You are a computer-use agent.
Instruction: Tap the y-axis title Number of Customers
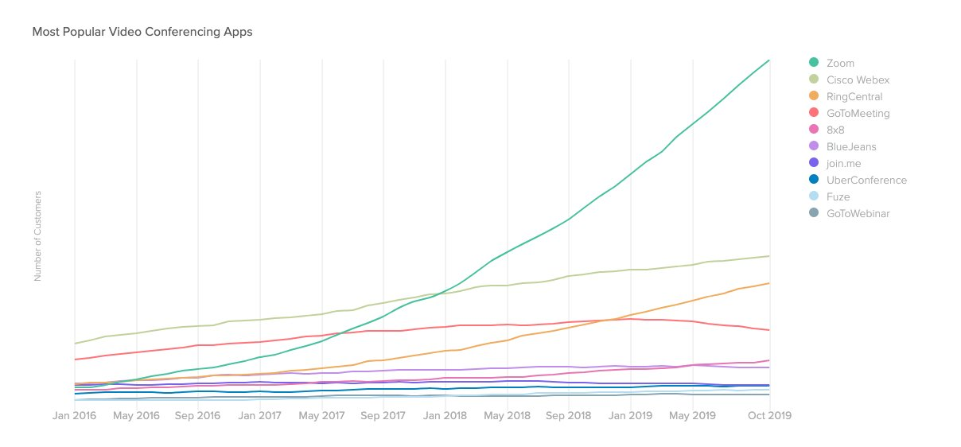(37, 235)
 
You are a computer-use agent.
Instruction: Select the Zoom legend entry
(840, 63)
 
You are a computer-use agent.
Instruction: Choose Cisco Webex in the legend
(858, 80)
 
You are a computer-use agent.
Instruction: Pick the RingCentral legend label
(854, 97)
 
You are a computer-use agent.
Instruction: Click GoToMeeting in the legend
(858, 114)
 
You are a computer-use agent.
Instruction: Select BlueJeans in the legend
(851, 147)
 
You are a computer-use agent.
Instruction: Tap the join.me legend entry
(845, 164)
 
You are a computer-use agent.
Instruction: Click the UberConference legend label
(866, 181)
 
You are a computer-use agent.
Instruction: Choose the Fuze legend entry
(839, 197)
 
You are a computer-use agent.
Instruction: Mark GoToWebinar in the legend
(858, 214)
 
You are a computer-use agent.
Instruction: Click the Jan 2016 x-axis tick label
(74, 415)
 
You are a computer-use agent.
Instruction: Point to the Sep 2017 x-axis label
(383, 415)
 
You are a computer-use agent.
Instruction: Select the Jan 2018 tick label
(445, 415)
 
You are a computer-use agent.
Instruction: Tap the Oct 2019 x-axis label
(769, 415)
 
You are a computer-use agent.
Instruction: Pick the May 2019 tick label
(693, 415)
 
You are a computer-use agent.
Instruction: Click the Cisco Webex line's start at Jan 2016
(75, 344)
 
